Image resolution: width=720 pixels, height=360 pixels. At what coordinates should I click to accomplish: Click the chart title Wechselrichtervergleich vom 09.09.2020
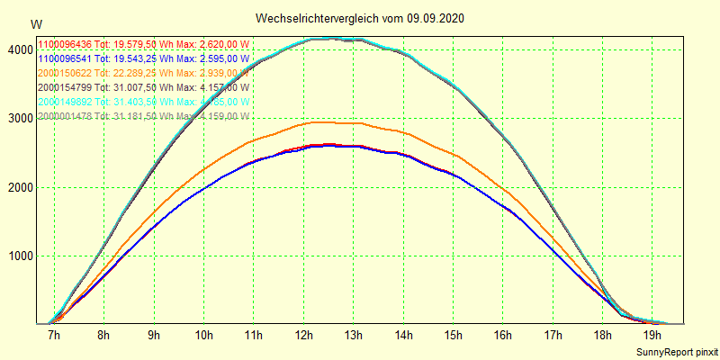click(x=360, y=18)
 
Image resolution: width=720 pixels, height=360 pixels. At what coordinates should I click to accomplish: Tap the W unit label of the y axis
click(x=35, y=24)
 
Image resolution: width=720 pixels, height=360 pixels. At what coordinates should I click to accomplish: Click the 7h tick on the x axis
click(x=53, y=336)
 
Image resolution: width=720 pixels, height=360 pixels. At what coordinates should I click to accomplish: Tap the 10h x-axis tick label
click(x=204, y=336)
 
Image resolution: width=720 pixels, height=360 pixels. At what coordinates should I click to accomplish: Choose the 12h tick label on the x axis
click(x=304, y=336)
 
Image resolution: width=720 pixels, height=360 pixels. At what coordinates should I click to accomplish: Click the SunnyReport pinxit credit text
click(x=674, y=350)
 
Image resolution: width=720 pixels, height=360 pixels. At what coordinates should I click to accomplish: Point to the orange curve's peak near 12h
click(x=319, y=122)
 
